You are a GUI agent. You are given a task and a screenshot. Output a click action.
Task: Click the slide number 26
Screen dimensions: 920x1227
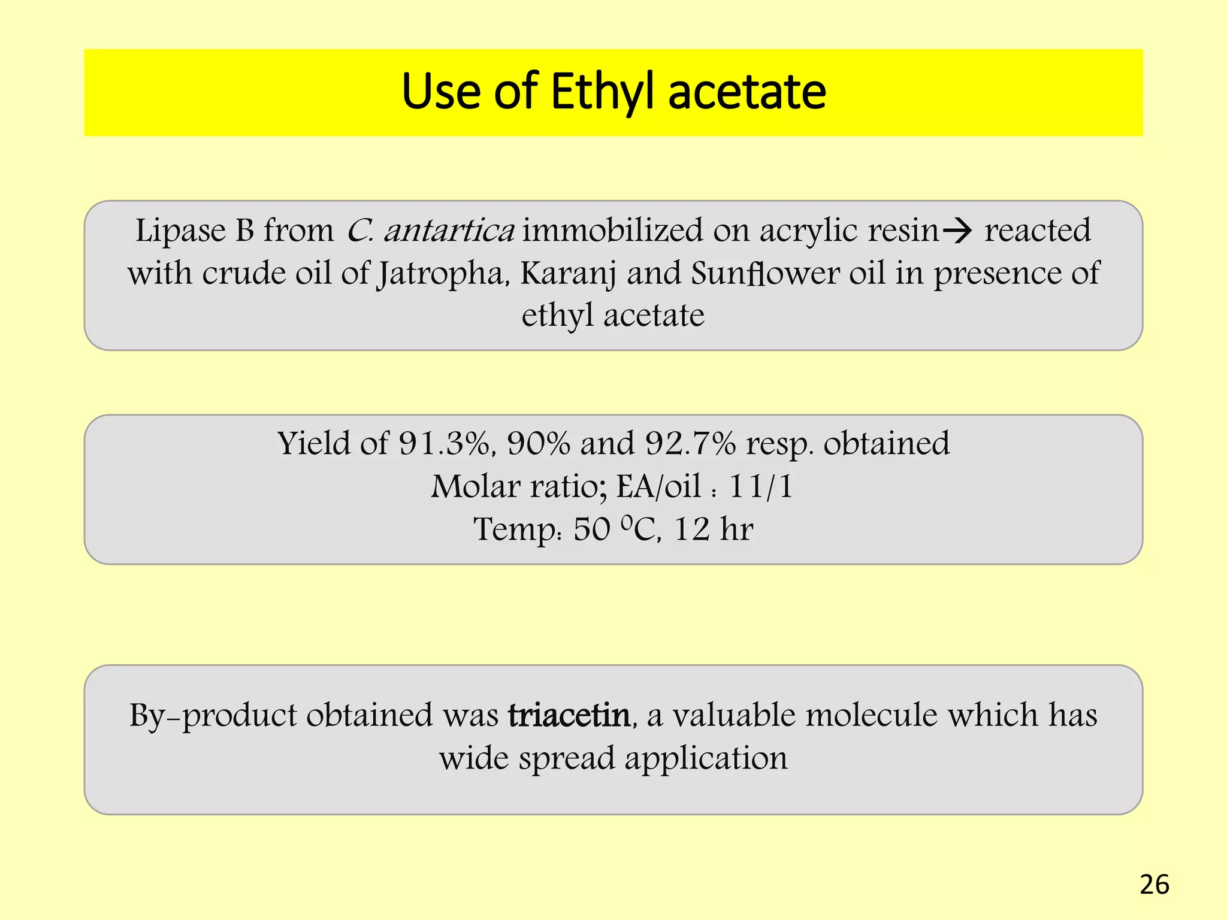(x=1154, y=885)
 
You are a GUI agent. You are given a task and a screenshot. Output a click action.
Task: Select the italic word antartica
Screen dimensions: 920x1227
(x=449, y=231)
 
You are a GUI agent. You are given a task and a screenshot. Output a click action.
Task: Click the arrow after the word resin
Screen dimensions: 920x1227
(x=957, y=231)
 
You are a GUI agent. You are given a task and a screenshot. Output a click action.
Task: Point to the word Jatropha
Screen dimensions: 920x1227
(x=443, y=274)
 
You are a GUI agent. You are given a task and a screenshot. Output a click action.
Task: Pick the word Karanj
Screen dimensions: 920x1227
(x=568, y=274)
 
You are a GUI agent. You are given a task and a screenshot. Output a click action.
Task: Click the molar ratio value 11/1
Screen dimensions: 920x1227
(x=761, y=486)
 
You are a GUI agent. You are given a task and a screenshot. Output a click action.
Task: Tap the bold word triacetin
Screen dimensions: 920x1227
(x=569, y=715)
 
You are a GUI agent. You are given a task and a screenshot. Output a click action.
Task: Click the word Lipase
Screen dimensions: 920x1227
(x=180, y=231)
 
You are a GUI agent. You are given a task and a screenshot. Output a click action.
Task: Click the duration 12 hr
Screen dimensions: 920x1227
(x=713, y=529)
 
